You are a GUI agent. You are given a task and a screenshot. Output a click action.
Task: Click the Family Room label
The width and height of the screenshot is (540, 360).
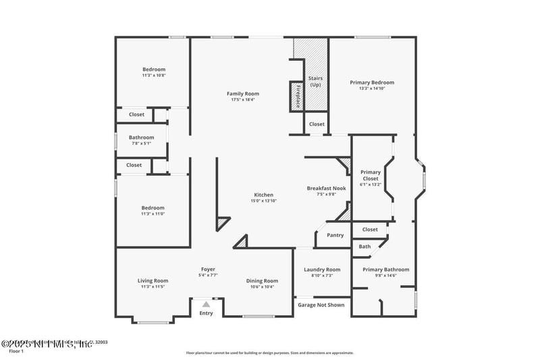[x=242, y=94]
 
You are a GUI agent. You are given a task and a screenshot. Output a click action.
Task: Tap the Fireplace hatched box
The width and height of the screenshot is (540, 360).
[x=296, y=95]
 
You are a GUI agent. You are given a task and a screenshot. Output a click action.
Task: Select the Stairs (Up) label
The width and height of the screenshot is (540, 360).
[x=315, y=81]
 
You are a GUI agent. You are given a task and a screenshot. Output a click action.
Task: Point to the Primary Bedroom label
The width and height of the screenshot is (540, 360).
[x=372, y=82]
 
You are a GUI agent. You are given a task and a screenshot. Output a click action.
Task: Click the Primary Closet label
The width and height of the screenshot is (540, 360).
[x=371, y=176]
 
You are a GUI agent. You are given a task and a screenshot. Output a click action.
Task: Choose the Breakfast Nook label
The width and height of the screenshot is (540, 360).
[x=326, y=188]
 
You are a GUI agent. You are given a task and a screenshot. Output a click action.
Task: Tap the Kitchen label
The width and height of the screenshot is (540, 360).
[x=263, y=195]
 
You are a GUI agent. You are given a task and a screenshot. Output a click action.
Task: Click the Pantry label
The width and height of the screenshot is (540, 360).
[x=335, y=235]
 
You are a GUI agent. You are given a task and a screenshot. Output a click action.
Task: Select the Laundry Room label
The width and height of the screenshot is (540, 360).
[x=321, y=269]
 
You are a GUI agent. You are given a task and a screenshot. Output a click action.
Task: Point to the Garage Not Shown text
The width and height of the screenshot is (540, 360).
[x=321, y=305]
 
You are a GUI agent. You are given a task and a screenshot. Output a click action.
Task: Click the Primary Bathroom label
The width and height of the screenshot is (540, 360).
[x=385, y=269]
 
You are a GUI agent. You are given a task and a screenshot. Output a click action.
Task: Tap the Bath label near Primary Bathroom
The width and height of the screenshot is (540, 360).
[x=364, y=247]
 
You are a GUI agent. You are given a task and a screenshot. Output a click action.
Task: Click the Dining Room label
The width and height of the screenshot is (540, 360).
[x=261, y=281]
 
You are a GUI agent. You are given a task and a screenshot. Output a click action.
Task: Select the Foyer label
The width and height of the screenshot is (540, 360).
[x=208, y=269]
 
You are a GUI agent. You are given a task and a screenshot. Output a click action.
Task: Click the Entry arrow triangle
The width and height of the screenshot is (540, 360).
[x=207, y=305]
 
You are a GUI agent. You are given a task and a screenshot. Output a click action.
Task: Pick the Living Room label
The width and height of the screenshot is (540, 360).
[x=153, y=281]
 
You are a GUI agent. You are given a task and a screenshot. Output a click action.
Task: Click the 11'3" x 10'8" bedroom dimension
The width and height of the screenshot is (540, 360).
[x=153, y=75]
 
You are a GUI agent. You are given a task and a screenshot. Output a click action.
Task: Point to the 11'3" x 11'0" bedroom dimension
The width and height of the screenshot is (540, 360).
[x=153, y=214]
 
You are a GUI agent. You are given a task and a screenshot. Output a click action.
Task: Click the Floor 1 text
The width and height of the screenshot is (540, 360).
[x=16, y=351]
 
